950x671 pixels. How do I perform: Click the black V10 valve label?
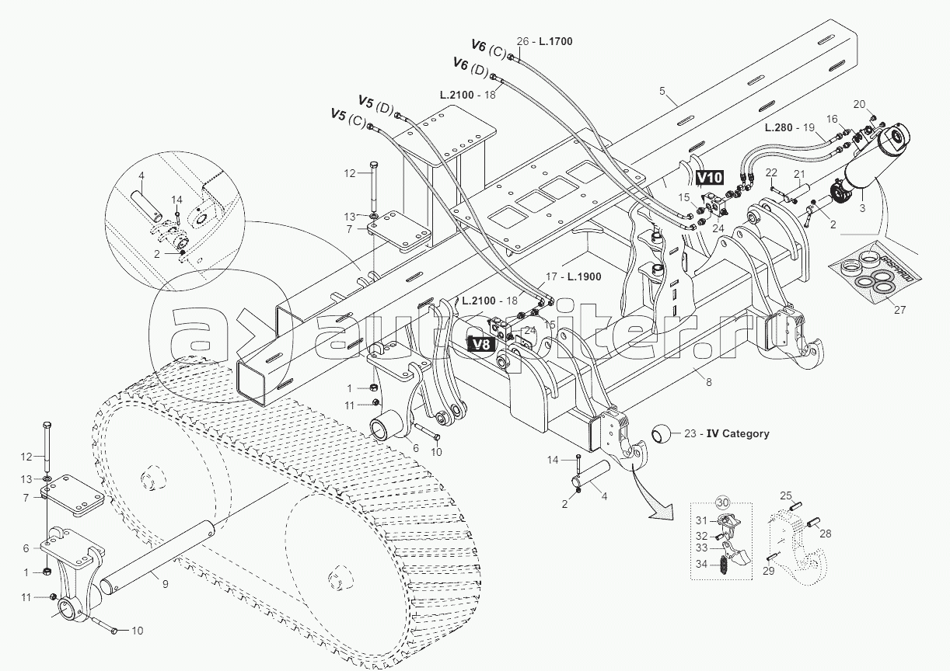click(x=710, y=178)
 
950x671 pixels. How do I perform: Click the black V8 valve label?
click(x=480, y=344)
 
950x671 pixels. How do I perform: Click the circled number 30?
click(x=723, y=502)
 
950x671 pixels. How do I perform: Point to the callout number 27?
click(x=900, y=310)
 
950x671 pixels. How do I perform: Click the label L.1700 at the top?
click(x=556, y=41)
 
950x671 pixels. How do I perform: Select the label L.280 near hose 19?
click(x=779, y=127)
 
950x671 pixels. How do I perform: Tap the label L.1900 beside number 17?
click(x=585, y=277)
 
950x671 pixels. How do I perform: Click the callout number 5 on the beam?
click(x=663, y=91)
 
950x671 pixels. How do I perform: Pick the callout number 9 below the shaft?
click(x=166, y=584)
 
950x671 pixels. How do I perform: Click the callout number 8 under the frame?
click(x=709, y=383)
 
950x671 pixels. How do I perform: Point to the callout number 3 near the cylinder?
click(x=862, y=208)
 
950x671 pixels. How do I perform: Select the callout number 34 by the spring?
click(x=701, y=565)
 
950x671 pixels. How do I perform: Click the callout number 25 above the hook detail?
click(x=786, y=495)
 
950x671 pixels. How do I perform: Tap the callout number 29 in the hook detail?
click(x=769, y=571)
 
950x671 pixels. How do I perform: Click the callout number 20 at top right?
click(x=859, y=104)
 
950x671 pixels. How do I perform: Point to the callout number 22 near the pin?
click(x=771, y=172)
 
